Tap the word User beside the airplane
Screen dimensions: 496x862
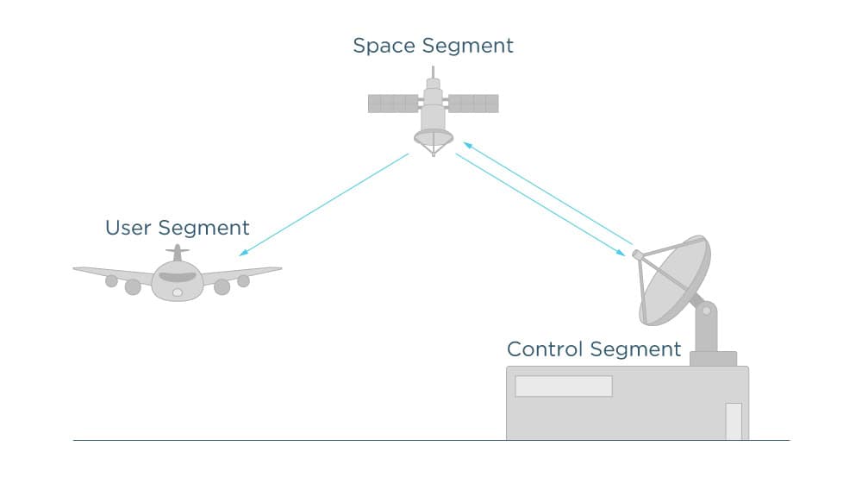coord(128,228)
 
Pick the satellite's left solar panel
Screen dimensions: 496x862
coord(393,104)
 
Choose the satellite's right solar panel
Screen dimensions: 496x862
coord(473,104)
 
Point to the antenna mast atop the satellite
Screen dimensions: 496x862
coord(433,72)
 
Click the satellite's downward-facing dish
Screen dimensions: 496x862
coord(433,137)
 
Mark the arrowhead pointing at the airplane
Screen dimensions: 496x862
coord(242,254)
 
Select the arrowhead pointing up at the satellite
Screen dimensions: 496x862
coord(465,144)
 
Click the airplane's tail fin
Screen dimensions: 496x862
coord(178,253)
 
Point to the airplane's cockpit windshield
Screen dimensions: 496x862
coord(178,278)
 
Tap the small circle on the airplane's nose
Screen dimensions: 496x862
coord(178,293)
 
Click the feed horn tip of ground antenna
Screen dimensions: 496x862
coord(637,254)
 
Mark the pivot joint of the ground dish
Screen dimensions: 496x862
coord(706,308)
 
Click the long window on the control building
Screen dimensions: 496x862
coord(564,386)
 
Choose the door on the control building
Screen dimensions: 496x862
coord(734,421)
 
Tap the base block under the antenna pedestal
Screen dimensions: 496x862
coord(714,358)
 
